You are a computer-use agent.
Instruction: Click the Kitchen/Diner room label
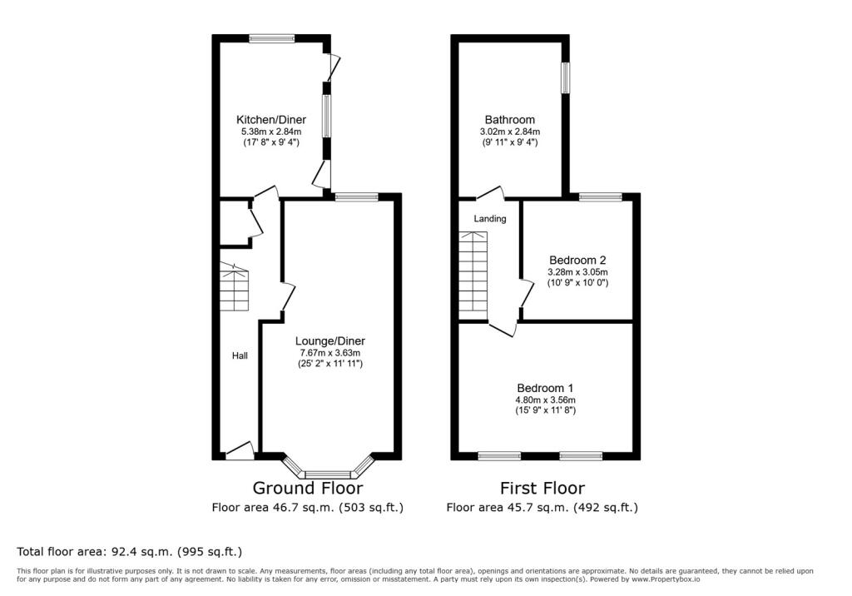coord(270,120)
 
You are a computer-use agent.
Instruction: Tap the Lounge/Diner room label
coord(329,341)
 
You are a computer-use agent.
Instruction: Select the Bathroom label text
coord(510,120)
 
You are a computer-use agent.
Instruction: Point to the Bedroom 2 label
coord(577,260)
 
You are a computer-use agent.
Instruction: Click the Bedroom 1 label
coord(545,388)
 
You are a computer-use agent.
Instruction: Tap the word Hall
coord(240,355)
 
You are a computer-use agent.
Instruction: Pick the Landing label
coord(489,219)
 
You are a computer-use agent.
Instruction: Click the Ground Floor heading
coord(308,488)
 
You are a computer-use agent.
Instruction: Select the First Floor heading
coord(542,488)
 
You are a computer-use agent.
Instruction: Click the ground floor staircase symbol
coord(234,286)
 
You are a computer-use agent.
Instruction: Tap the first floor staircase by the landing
coord(473,276)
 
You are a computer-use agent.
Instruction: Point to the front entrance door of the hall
coord(240,451)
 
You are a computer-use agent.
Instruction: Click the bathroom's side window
coord(566,77)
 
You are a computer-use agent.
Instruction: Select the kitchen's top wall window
coord(272,38)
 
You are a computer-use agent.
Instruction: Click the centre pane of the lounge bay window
coord(328,474)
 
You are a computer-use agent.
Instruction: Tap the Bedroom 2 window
coord(600,196)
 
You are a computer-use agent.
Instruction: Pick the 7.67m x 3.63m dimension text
coord(329,353)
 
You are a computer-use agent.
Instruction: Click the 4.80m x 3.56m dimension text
coord(545,400)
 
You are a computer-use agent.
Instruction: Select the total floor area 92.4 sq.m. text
coord(129,552)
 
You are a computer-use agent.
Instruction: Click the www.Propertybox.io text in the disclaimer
coord(665,579)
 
